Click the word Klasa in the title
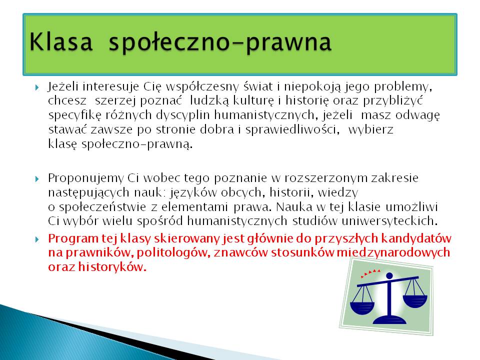(x=61, y=41)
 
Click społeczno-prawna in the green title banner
(x=220, y=43)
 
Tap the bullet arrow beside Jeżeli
(x=37, y=88)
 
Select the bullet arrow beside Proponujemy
(x=37, y=179)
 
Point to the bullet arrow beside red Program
(x=37, y=239)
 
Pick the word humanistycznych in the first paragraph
(x=264, y=115)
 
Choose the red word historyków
(x=112, y=267)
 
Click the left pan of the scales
(x=362, y=307)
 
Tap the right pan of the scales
(x=415, y=301)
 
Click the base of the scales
(x=389, y=320)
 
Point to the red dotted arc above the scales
(x=370, y=273)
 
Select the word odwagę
(x=418, y=115)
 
